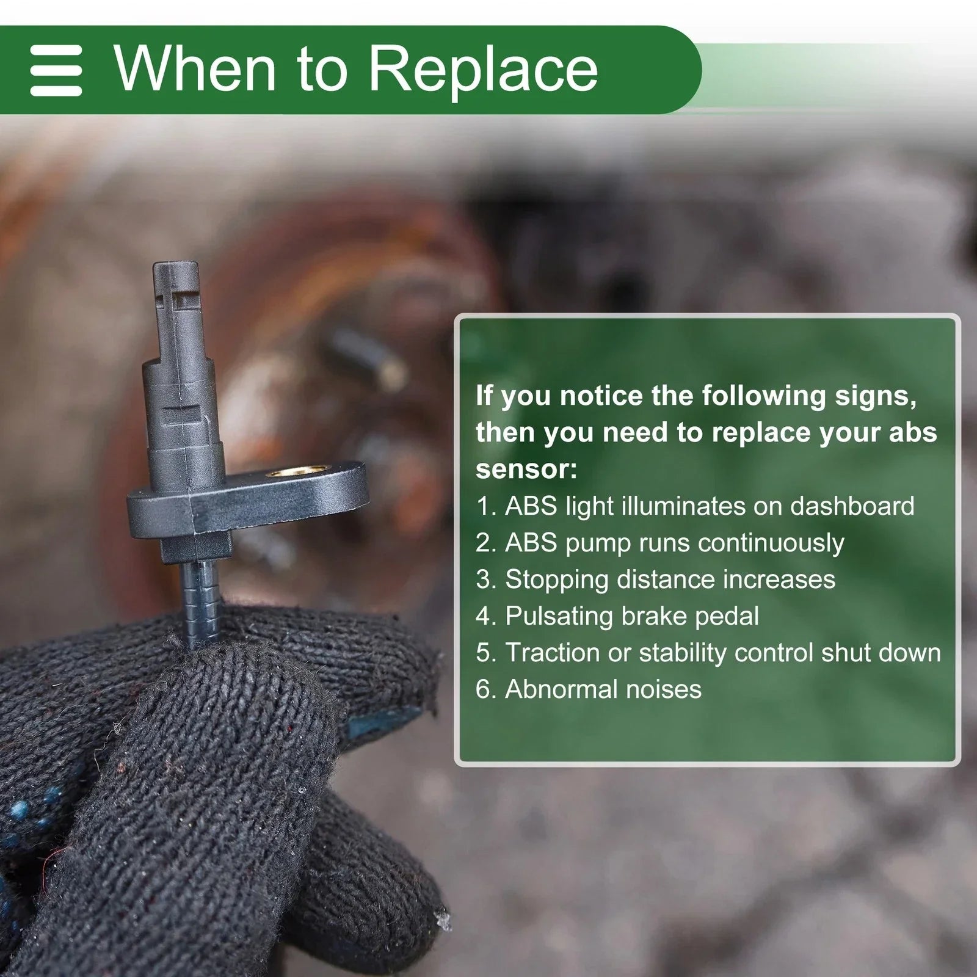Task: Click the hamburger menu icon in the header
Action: pos(56,70)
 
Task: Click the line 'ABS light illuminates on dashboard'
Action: pos(695,506)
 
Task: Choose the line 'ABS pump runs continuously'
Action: pos(659,543)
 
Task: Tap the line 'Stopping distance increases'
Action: pos(655,579)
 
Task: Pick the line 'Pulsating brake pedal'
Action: pos(617,616)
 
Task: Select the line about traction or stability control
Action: pos(708,653)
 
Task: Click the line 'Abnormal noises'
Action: pos(589,689)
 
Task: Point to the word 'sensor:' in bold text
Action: pos(526,470)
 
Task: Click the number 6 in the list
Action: pos(483,689)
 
